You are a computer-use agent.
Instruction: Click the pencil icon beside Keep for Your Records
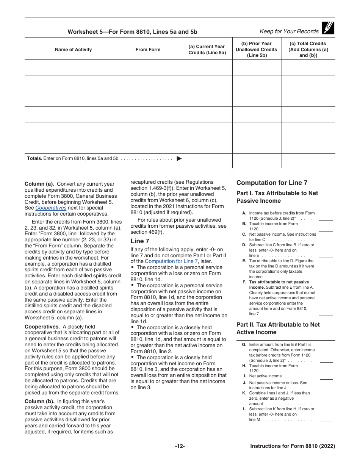tap(328, 28)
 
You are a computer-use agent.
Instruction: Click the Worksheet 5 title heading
tap(132, 32)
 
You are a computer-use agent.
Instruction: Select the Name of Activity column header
tap(73, 50)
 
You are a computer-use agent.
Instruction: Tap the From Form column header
tap(148, 50)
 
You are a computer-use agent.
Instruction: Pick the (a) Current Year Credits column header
tap(207, 50)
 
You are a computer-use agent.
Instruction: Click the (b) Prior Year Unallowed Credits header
tap(257, 49)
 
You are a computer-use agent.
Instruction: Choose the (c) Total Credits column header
tap(308, 49)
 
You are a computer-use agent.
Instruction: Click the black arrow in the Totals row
tap(179, 159)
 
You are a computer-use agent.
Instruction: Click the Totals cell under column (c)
tap(308, 161)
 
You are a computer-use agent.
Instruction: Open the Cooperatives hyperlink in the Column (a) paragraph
tap(51, 208)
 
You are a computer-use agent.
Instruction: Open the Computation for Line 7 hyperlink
tap(171, 261)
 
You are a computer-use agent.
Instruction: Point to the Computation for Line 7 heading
tap(272, 183)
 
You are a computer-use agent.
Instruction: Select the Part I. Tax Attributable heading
tap(277, 197)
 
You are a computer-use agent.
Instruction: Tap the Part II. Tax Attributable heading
tap(278, 328)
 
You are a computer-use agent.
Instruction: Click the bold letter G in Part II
tap(244, 345)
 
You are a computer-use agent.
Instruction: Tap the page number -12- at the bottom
tap(180, 446)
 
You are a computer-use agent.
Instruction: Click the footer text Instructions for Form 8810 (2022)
tap(293, 446)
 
